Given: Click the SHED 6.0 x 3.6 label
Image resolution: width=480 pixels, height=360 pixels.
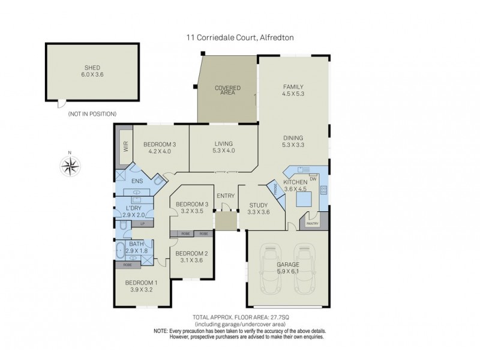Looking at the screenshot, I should click(92, 71).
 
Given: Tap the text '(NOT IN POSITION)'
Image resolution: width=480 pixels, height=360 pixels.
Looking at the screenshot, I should click(92, 113).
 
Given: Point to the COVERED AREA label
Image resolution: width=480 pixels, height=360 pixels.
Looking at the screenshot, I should click(227, 91).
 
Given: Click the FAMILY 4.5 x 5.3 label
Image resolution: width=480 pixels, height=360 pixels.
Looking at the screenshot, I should click(293, 90).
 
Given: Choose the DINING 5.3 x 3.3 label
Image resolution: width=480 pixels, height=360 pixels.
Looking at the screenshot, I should click(293, 141).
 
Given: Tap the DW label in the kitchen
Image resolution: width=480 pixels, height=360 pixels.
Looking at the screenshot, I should click(313, 178).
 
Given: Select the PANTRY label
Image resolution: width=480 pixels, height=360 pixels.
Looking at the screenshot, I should click(312, 224).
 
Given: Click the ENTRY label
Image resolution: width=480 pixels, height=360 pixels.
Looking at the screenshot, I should click(226, 196).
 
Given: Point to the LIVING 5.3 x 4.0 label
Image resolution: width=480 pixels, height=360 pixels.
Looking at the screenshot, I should click(223, 147).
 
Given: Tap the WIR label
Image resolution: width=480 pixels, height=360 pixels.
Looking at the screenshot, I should click(126, 146).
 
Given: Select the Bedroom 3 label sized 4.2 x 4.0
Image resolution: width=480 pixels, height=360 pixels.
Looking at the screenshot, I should click(160, 147).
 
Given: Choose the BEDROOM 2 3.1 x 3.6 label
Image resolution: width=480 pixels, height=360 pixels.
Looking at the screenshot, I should click(191, 256).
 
